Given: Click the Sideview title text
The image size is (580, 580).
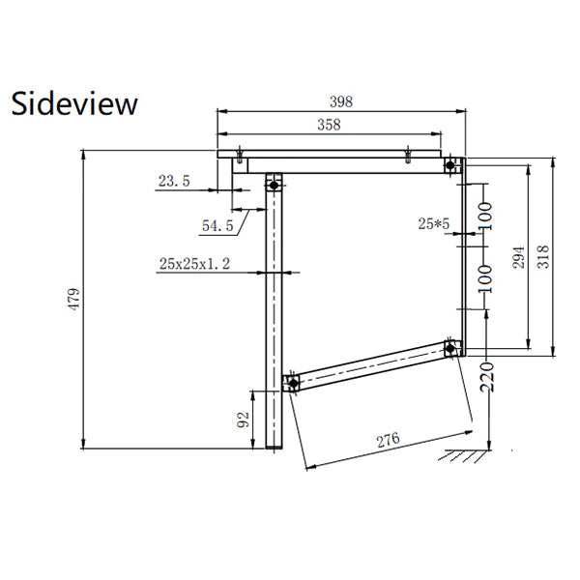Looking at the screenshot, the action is [74, 103].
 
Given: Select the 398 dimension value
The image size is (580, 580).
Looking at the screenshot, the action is [341, 101].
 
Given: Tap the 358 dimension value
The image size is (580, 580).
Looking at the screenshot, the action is [329, 125].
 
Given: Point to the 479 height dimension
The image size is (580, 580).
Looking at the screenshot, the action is [74, 299].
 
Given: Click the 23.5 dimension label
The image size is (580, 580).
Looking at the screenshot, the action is [174, 181].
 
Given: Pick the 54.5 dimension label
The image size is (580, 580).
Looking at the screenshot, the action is [217, 225].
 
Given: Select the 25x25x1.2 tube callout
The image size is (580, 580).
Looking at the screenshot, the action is [194, 264].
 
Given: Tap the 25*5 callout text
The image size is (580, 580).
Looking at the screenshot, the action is [433, 224].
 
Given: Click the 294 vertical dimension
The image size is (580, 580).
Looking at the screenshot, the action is [518, 257].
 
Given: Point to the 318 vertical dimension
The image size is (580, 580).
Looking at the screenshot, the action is [543, 257].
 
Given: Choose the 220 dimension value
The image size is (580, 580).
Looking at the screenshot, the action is [487, 377].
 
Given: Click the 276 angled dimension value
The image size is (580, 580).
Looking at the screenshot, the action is [388, 440].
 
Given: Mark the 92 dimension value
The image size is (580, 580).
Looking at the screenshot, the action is [243, 420].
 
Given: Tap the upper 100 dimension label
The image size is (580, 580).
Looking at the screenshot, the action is [485, 217].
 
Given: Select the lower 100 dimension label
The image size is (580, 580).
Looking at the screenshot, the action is [485, 279].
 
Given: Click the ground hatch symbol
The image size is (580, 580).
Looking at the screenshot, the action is [464, 455].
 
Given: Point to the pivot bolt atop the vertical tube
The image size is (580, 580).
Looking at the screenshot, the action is [274, 185].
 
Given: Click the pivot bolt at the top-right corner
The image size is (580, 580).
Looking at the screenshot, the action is [449, 165].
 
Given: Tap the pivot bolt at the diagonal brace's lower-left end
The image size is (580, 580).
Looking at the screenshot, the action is [293, 383].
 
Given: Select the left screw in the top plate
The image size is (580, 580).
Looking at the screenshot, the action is [240, 155].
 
